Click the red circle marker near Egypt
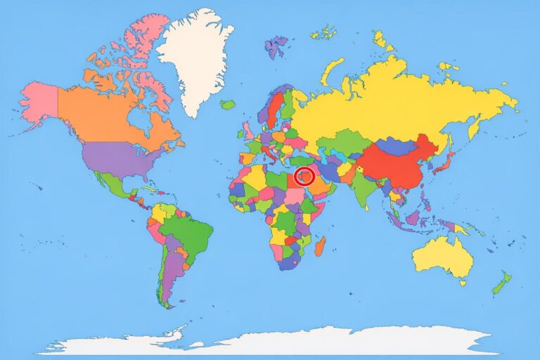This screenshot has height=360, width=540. (304, 176)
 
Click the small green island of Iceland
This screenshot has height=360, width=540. (226, 104)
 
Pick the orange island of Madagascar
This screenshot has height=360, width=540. (319, 246)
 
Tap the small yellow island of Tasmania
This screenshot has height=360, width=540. (462, 283)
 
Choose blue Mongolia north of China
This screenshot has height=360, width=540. (397, 146)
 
